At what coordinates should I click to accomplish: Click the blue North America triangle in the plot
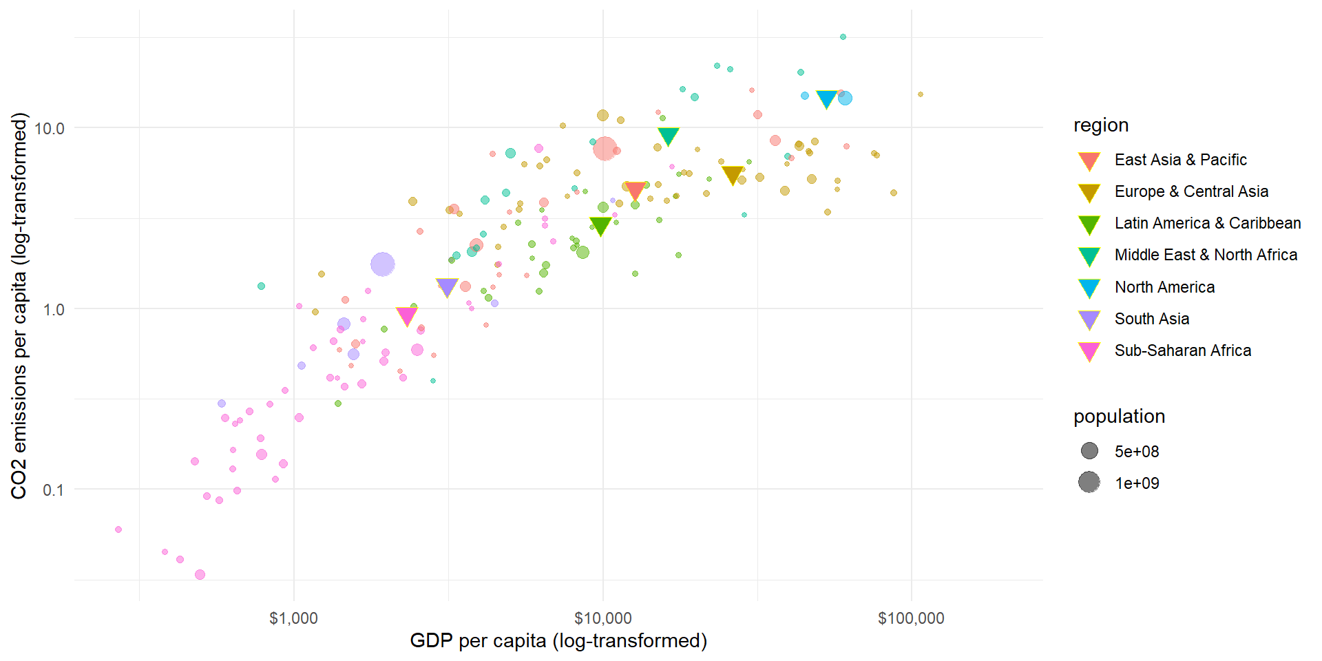click(826, 99)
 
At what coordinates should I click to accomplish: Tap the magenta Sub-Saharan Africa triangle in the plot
click(407, 315)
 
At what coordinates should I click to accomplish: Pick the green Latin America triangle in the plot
click(600, 226)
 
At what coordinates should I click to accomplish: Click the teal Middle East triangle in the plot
click(668, 136)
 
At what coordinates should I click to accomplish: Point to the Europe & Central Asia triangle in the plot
click(733, 175)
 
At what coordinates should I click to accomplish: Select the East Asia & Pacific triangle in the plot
click(634, 190)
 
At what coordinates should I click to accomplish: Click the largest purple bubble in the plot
click(383, 264)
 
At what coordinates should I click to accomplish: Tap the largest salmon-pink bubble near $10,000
click(605, 148)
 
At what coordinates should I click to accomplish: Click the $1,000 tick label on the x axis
click(293, 618)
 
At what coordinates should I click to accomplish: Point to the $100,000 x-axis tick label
click(911, 618)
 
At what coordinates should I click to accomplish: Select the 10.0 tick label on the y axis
click(49, 128)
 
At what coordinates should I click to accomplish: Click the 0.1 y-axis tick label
click(53, 490)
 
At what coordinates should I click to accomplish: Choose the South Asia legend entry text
click(1151, 319)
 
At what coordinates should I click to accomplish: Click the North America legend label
click(1164, 287)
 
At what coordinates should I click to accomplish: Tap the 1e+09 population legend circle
click(1089, 483)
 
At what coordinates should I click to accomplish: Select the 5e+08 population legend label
click(1137, 452)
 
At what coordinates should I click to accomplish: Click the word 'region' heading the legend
click(1100, 125)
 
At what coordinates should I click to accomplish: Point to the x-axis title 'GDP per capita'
click(558, 641)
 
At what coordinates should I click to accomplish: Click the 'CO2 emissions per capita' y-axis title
click(19, 306)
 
